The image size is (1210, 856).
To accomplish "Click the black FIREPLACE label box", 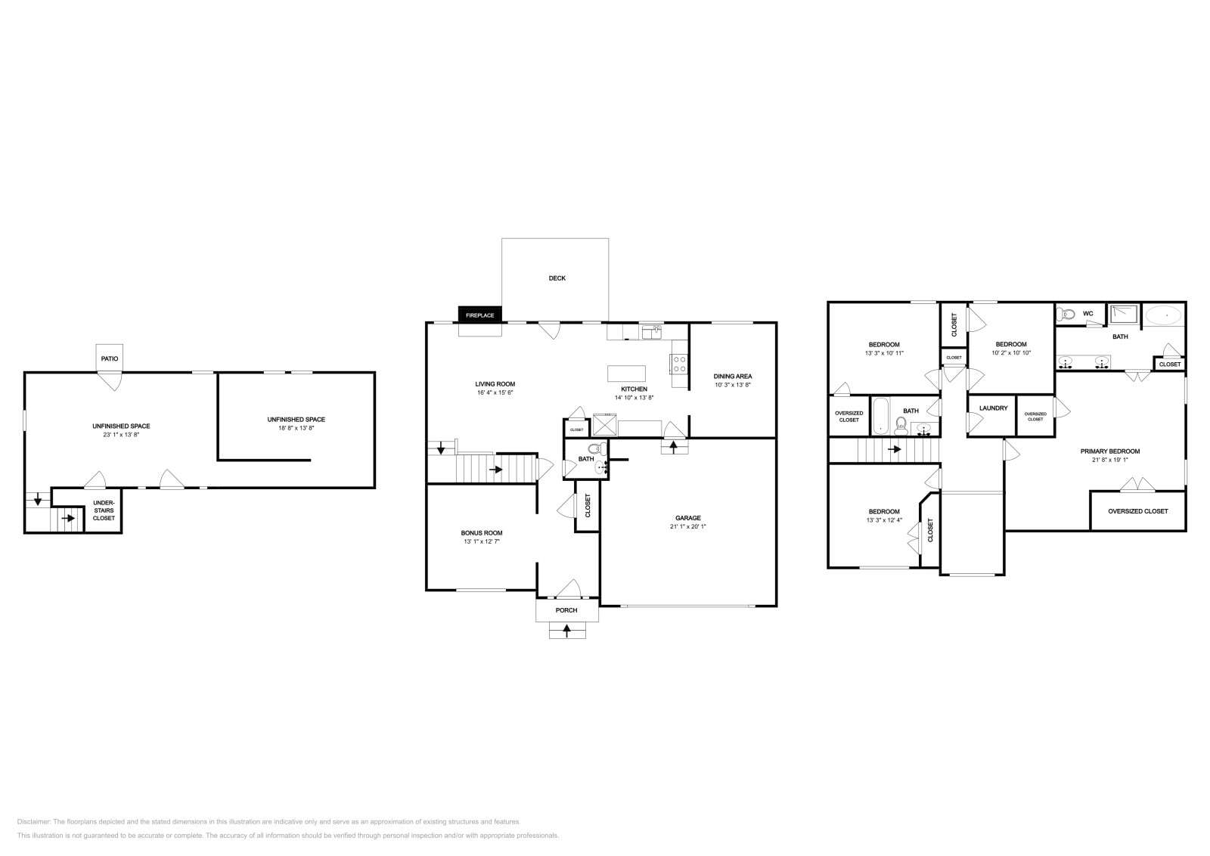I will click(479, 315).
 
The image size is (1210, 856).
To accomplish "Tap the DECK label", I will click(557, 278).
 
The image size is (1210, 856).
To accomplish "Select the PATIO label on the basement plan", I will click(110, 358).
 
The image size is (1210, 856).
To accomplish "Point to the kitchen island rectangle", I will click(627, 374).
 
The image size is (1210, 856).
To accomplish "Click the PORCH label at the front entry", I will click(566, 610).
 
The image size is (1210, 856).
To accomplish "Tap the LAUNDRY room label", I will click(993, 408).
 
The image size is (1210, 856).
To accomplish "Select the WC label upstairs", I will click(1087, 314).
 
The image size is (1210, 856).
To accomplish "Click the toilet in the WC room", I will click(1066, 314).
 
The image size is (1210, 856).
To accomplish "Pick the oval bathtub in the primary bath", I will click(1164, 314).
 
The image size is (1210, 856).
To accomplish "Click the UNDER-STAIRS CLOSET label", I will click(104, 510).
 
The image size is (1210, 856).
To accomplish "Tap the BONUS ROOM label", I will click(482, 532).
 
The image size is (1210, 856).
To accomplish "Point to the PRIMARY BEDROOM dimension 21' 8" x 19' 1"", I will click(1109, 460).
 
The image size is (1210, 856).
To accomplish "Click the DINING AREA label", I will click(733, 376).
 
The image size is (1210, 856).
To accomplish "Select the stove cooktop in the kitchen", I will click(678, 364).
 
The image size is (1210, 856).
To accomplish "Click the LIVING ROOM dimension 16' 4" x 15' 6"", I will click(495, 392).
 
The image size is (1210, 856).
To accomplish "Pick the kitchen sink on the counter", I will click(651, 332).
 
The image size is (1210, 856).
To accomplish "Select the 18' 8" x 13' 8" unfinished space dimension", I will click(296, 428).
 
